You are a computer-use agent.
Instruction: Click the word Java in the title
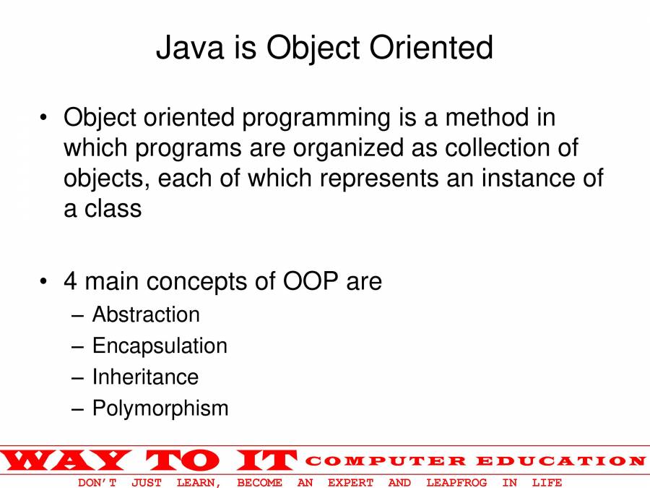coord(190,47)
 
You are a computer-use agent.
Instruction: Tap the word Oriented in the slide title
coord(431,47)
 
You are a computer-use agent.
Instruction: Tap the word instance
coord(529,179)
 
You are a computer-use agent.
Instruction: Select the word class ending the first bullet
coord(113,209)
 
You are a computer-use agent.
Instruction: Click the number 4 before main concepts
coord(71,281)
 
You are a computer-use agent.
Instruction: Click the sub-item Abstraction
coord(146,314)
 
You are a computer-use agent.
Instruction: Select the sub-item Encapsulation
coord(160,346)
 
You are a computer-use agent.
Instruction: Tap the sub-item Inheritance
coord(145,377)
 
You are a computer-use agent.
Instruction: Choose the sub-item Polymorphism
coord(160,408)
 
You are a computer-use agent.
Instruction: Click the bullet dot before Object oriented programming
coord(43,118)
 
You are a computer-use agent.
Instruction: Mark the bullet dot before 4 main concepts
coord(43,281)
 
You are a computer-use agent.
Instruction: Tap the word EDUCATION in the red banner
coord(561,461)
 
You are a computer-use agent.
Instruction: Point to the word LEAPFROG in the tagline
coord(456,483)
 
